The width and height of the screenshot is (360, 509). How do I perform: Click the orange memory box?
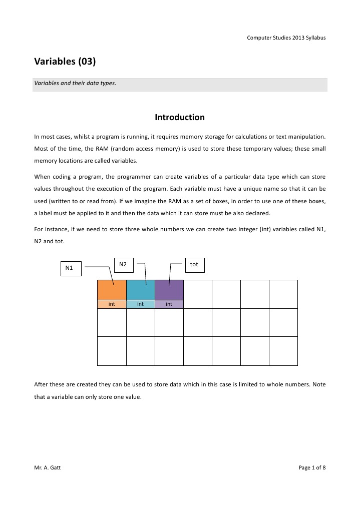tap(112, 290)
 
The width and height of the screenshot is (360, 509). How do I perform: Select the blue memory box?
tap(141, 290)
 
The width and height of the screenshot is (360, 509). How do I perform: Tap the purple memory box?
tap(169, 290)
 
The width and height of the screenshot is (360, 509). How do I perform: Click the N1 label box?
tap(70, 268)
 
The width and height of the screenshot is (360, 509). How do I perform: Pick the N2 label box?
tap(123, 264)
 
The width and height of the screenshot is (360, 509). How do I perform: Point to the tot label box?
tap(194, 264)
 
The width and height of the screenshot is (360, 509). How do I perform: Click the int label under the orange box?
tap(112, 304)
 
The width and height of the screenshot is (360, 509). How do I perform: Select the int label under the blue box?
tap(141, 304)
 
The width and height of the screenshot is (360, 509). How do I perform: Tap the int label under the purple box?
tap(169, 304)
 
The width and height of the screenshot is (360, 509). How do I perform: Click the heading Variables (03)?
tap(65, 63)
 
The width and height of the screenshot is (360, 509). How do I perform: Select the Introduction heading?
tap(180, 118)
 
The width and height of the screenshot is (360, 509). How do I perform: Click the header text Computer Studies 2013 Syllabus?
tap(287, 39)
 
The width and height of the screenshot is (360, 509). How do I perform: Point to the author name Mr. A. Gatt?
tap(48, 467)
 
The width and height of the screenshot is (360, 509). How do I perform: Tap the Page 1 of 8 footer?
tap(312, 467)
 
